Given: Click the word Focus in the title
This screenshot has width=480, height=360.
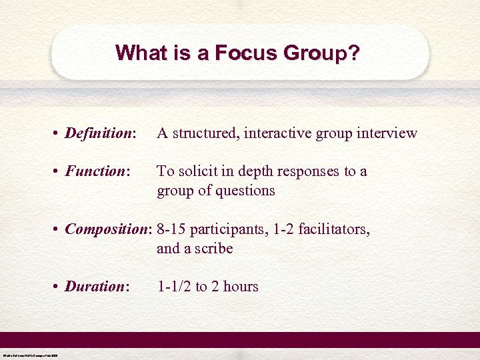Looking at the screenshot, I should (x=238, y=53).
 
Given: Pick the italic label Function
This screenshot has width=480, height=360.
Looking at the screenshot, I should (x=95, y=171).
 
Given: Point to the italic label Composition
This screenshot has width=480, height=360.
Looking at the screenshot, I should (x=108, y=229).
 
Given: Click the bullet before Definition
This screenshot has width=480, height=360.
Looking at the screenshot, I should (x=56, y=134).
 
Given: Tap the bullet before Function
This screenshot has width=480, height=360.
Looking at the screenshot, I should (x=56, y=172).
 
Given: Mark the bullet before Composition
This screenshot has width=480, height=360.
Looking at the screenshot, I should (x=56, y=230).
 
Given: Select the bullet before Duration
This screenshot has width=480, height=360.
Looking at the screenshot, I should (x=56, y=287).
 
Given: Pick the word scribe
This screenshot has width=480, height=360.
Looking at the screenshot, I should (x=211, y=249).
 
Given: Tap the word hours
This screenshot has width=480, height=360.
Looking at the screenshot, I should (x=241, y=287).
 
